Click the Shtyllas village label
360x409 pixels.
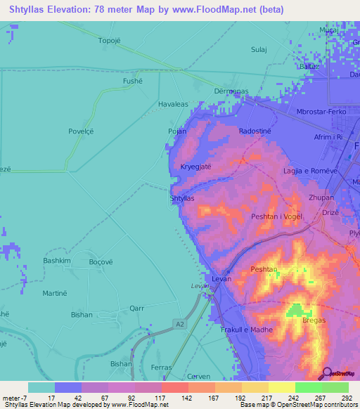181,199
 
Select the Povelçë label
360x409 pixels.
82,131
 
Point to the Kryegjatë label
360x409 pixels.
196,167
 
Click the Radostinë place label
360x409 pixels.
255,131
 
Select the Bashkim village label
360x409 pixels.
58,261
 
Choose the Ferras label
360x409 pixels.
161,368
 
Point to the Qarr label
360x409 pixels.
137,308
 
